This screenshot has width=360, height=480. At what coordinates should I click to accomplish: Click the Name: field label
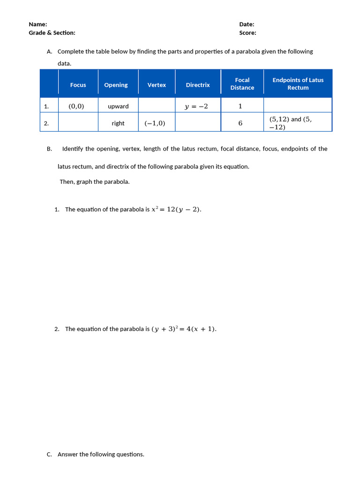(38, 24)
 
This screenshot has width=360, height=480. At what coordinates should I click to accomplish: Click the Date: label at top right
(247, 24)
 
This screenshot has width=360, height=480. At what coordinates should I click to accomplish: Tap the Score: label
(247, 33)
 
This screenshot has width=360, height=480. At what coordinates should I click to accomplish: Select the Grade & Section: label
(52, 33)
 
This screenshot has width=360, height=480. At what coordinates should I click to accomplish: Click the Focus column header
(78, 85)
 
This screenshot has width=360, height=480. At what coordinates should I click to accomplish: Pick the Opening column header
(116, 85)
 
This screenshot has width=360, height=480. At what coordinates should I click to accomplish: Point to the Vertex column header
(157, 85)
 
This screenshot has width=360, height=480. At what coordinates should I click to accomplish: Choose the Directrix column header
(198, 85)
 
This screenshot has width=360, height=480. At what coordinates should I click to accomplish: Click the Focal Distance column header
(242, 84)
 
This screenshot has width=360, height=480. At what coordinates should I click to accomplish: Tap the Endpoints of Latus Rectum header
(298, 84)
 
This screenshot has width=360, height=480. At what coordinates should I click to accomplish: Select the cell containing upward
(118, 106)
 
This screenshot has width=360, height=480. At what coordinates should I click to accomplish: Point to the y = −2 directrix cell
(196, 106)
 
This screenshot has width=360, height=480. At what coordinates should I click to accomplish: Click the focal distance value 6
(240, 123)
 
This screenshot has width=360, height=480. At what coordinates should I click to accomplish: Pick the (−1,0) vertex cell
(155, 123)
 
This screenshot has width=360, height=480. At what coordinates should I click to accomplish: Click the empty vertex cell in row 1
(157, 105)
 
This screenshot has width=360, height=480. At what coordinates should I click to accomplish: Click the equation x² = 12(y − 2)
(176, 210)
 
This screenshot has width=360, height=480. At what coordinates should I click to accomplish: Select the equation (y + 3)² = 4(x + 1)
(184, 329)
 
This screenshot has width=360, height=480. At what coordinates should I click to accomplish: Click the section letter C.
(49, 454)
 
